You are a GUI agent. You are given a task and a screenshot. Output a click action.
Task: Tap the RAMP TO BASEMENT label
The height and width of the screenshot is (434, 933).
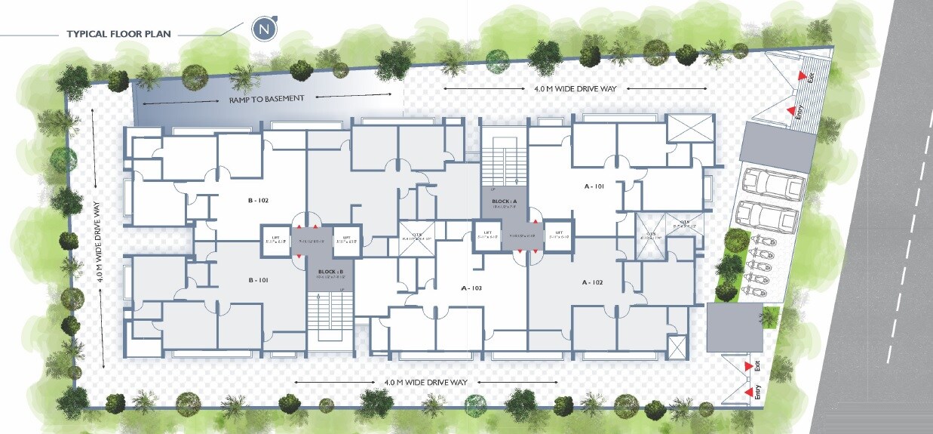tap(266, 98)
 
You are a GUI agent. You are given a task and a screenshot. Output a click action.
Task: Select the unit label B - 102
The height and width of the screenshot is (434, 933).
tap(259, 200)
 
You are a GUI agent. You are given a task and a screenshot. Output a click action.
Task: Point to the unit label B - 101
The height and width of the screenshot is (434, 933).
tap(259, 280)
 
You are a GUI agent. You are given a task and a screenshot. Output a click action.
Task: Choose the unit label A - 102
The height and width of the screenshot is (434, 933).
tap(593, 282)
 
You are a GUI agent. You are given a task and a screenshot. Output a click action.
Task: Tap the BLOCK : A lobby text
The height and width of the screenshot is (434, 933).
tap(505, 202)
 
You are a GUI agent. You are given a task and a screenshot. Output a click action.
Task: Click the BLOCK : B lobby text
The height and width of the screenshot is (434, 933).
tap(330, 271)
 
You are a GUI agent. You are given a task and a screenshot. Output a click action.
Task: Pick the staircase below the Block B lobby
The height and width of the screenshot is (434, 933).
tap(330, 317)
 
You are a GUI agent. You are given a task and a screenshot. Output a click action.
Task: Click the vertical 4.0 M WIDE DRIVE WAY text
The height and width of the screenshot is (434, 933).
tap(100, 242)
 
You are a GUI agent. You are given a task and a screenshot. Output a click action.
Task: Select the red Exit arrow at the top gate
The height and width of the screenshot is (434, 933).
tap(800, 76)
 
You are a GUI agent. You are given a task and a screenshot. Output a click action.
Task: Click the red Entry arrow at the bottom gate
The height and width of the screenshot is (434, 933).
tap(748, 392)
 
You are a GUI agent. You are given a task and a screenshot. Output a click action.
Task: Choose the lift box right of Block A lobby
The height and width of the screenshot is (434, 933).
tap(558, 234)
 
